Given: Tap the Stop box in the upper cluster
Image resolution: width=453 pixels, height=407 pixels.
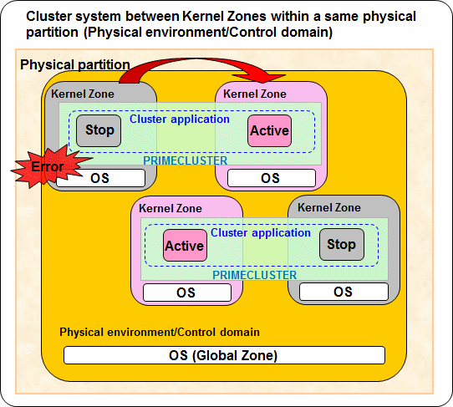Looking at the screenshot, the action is (99, 130).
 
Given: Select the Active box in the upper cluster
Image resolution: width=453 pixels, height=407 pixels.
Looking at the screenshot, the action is (270, 130).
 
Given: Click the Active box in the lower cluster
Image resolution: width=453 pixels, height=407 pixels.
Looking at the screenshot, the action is (186, 246).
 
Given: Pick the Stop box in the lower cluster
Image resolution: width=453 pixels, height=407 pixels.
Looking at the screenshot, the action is (342, 244).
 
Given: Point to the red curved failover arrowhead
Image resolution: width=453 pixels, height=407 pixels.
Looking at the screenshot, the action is (260, 78).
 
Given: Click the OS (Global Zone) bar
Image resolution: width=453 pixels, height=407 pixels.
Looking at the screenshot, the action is (224, 355).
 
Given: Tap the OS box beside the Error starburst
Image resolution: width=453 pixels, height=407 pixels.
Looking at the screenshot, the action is (100, 178).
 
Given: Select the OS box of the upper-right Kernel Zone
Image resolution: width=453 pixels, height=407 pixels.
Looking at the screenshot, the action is (272, 178).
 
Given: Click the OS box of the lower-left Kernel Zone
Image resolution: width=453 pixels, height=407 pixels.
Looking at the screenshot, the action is (187, 293).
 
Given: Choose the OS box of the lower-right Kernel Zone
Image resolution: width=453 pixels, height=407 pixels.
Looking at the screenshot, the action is (344, 292).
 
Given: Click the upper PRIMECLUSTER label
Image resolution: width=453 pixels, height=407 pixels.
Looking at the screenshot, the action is (186, 160).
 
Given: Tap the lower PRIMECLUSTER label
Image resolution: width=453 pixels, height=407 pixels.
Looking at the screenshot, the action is (255, 275).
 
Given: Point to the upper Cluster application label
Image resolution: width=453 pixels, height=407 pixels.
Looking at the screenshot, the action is (180, 119).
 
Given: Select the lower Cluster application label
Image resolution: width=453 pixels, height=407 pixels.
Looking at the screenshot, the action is (261, 233).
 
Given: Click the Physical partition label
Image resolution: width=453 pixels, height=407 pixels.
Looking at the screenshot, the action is (75, 64).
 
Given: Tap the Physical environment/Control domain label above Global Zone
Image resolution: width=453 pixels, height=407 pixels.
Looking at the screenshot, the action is (160, 332).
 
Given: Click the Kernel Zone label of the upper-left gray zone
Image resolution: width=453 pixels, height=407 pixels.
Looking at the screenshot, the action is (83, 94).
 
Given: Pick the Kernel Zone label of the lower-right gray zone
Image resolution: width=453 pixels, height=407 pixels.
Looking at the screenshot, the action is (329, 207).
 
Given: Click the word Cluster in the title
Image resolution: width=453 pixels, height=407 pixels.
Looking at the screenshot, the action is (48, 16).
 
